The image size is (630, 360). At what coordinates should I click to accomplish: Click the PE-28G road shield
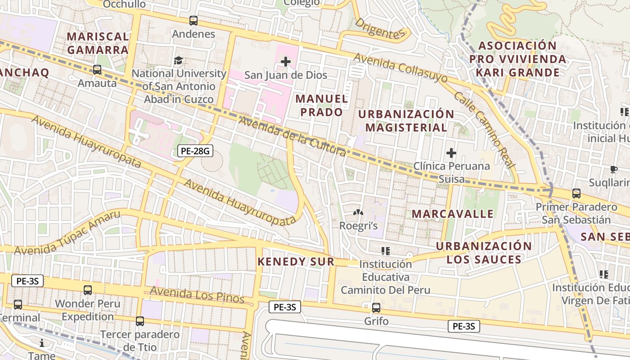(x=195, y=151)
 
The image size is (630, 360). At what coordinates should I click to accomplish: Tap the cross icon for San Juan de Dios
(x=286, y=62)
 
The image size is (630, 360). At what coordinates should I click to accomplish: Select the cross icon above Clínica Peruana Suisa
(x=451, y=153)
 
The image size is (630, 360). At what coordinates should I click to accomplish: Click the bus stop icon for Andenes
(x=193, y=21)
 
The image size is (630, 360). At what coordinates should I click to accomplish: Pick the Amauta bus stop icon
(x=97, y=70)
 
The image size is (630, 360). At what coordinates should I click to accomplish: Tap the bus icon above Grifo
(x=376, y=308)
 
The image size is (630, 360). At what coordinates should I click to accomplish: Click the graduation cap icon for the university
(x=179, y=60)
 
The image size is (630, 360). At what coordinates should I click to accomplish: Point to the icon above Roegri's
(x=358, y=212)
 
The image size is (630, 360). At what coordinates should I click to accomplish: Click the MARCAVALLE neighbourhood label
(x=453, y=214)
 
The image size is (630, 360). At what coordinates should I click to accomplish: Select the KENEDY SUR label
(x=296, y=261)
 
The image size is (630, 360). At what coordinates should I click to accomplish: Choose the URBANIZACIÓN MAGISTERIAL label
(x=406, y=121)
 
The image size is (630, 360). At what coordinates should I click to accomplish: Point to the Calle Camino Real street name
(x=484, y=130)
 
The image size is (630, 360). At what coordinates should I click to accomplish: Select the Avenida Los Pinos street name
(x=197, y=295)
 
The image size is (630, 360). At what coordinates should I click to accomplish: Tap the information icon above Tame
(x=42, y=343)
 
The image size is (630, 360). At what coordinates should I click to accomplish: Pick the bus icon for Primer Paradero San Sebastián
(x=576, y=193)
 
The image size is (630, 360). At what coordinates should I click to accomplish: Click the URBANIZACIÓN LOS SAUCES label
(x=484, y=252)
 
